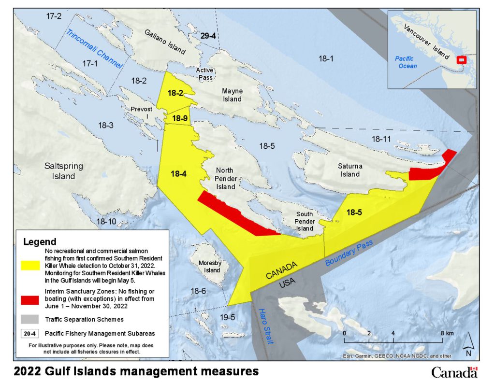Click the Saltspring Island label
(63, 171)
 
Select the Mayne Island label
(232, 95)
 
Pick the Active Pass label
(205, 73)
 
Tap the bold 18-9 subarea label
(179, 118)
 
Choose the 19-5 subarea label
(226, 317)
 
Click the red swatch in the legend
(30, 299)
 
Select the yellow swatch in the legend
(30, 265)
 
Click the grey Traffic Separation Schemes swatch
(30, 319)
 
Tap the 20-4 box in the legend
(30, 333)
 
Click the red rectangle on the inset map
(461, 60)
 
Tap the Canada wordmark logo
(454, 372)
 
